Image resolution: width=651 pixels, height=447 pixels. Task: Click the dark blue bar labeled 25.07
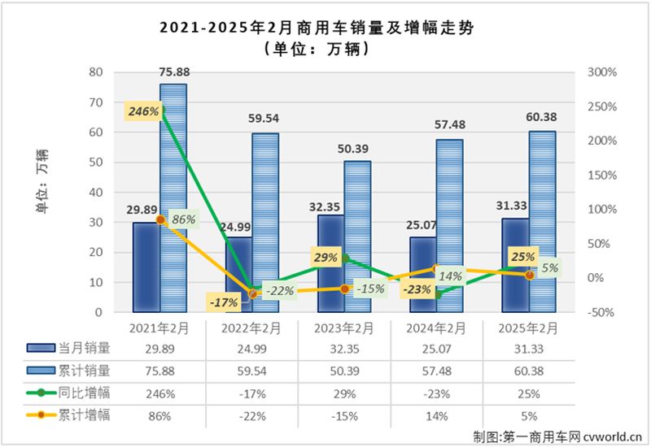(422, 274)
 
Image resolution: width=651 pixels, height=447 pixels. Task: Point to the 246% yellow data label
(143, 111)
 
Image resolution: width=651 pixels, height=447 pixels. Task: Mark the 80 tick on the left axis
(96, 72)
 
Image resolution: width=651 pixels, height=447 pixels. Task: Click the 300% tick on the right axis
(601, 72)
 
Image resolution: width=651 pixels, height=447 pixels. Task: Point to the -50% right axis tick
(601, 312)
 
